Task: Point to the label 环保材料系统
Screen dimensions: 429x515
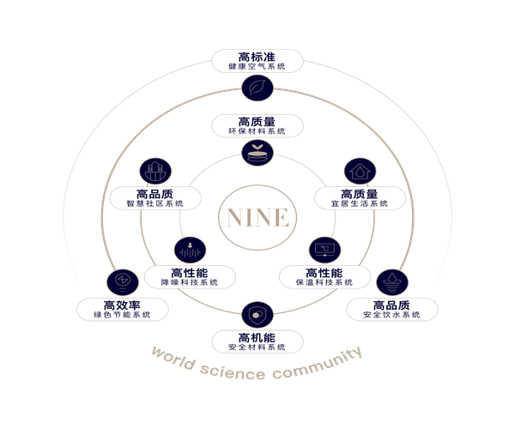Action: coord(257,131)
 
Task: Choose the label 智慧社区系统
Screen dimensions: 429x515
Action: coord(155,203)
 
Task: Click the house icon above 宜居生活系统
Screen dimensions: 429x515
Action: coord(358,171)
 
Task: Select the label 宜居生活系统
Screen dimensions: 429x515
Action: coord(358,203)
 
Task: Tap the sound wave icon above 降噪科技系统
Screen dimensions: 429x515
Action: coord(189,251)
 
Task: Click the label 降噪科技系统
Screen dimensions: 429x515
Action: coord(189,281)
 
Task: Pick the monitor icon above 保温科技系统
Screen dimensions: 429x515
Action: coord(324,250)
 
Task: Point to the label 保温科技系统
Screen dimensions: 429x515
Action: coord(324,281)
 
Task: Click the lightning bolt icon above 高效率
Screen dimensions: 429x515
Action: coord(122,281)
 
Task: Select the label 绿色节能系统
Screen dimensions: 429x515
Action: coord(122,315)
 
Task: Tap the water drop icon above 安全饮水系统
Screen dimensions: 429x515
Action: coord(391,281)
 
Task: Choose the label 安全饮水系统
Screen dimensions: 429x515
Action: coord(391,315)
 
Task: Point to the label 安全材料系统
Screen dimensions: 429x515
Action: coord(257,347)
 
